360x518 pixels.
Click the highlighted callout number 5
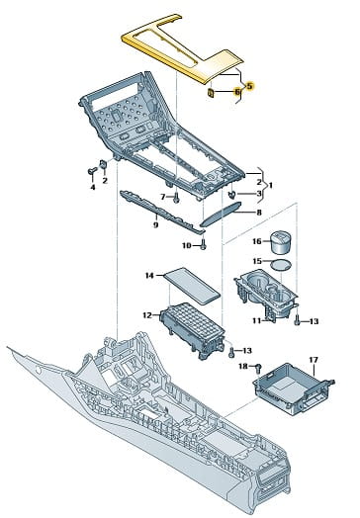[x=249, y=86]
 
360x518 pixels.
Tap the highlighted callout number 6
[x=237, y=92]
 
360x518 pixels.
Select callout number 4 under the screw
[x=93, y=187]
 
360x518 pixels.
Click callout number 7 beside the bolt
[x=162, y=197]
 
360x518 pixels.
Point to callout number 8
[x=259, y=213]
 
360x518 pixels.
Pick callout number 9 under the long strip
[x=155, y=225]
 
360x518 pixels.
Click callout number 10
[x=187, y=245]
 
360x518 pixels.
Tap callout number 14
[x=149, y=275]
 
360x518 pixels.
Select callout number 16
[x=257, y=241]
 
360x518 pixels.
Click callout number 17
[x=314, y=360]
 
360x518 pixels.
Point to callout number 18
[x=243, y=366]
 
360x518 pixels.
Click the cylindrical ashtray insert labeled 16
[x=282, y=243]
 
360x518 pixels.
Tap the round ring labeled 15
[x=281, y=265]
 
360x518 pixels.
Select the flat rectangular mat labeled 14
[x=192, y=286]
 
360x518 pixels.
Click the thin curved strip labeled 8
[x=221, y=214]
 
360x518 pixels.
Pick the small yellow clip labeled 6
[x=211, y=94]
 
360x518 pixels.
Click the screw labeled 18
[x=258, y=369]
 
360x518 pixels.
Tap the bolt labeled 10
[x=204, y=244]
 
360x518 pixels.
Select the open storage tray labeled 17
[x=294, y=388]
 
